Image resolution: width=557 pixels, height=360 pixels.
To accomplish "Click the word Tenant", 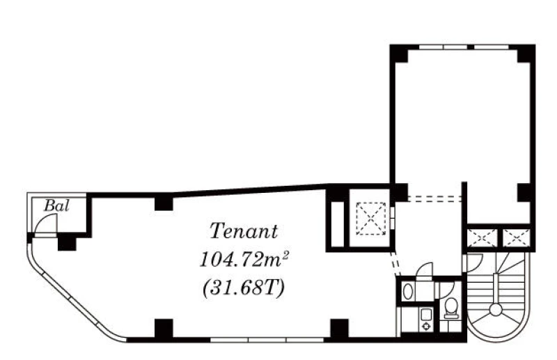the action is click(244, 231).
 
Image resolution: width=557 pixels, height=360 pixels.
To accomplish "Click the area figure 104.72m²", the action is click(244, 260).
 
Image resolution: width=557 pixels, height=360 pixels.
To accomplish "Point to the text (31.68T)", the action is click(244, 288).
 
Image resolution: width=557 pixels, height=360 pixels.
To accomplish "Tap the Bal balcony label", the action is click(56, 206).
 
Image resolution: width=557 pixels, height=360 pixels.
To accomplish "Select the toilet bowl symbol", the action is click(451, 307).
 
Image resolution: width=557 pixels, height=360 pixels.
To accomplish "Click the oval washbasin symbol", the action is click(408, 291).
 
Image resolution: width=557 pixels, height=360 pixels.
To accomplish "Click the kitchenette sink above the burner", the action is click(425, 315).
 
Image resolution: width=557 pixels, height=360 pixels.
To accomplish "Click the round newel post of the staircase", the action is click(495, 311).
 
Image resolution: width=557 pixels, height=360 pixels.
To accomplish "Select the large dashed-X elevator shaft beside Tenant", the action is click(370, 219).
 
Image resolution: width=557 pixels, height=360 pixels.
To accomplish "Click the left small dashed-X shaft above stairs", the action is click(483, 237).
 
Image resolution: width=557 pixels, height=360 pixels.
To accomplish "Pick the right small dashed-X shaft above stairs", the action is click(516, 237).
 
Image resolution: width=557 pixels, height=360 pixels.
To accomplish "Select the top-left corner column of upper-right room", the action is click(399, 54).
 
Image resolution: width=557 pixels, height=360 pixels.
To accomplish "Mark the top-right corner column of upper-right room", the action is click(526, 54).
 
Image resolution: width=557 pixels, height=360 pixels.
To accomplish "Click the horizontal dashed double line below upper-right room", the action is click(434, 199).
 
